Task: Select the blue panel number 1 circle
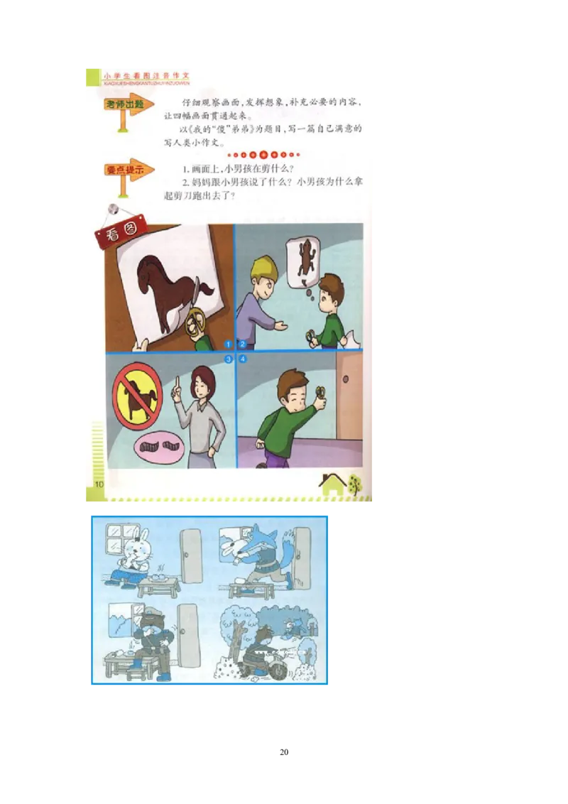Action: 229,344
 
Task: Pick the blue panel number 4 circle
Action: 241,359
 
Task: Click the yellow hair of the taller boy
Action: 262,268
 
